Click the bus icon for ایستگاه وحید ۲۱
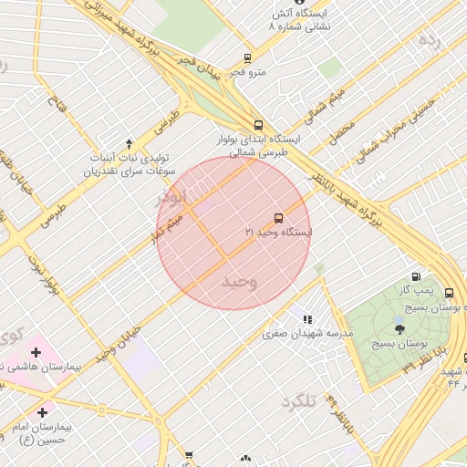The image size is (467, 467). tap(278, 218)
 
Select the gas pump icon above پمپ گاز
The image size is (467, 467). tap(417, 276)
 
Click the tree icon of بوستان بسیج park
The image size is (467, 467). tap(400, 328)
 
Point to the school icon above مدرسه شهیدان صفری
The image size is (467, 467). tap(307, 319)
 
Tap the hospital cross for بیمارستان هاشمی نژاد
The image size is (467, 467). tap(36, 352)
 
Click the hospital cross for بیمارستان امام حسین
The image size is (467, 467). tap(42, 411)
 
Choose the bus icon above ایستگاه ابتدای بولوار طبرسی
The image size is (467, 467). tap(258, 125)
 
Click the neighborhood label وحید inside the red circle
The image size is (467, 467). tap(239, 282)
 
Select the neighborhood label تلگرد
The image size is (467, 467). tap(297, 401)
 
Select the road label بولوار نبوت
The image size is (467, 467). tap(48, 279)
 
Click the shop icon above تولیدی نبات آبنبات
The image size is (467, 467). tap(129, 143)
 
